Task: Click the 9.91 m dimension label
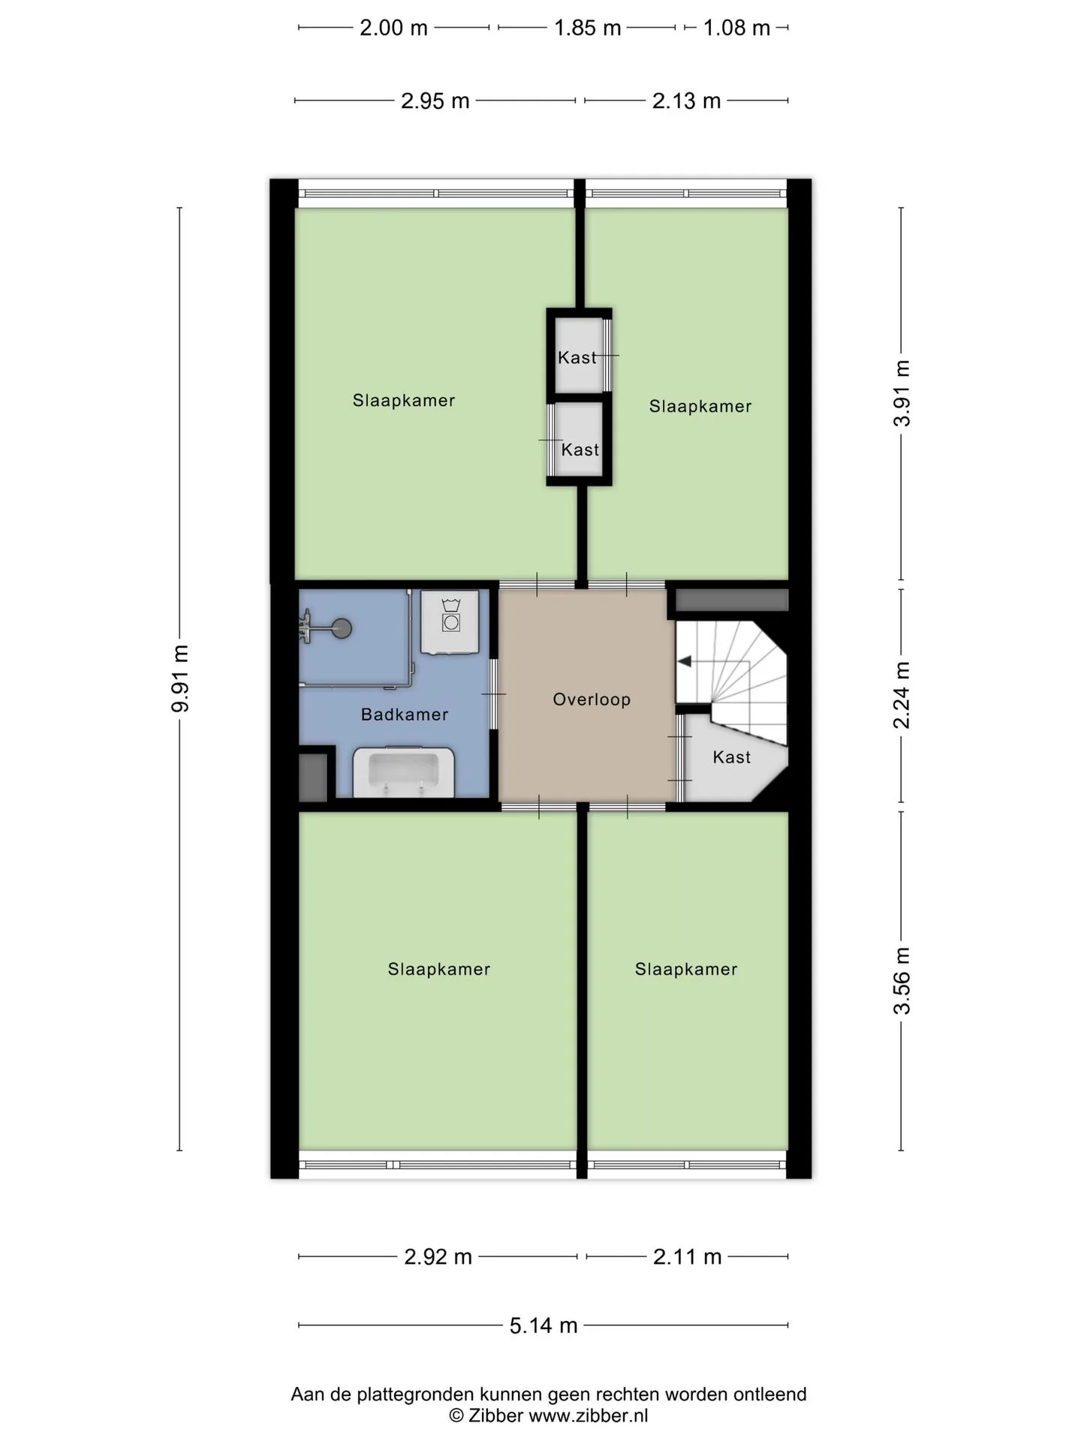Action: click(179, 678)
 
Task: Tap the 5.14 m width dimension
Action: click(544, 1325)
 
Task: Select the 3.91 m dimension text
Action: click(902, 393)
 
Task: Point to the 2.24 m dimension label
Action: click(902, 695)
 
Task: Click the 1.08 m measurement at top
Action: click(736, 28)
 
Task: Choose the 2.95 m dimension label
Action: click(435, 101)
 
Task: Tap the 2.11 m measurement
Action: click(687, 1256)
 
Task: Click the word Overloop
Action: click(592, 699)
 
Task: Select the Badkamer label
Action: click(405, 714)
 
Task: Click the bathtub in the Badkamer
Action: click(404, 772)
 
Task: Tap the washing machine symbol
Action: click(450, 621)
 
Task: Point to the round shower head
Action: click(342, 627)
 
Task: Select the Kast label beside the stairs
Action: click(732, 757)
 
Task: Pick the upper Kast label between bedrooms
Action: click(577, 358)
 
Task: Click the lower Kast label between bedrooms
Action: click(580, 450)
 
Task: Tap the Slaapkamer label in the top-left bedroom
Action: click(404, 401)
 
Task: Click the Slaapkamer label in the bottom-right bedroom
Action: click(686, 970)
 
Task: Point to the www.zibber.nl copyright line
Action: click(549, 1415)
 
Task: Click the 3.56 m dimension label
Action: click(902, 980)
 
